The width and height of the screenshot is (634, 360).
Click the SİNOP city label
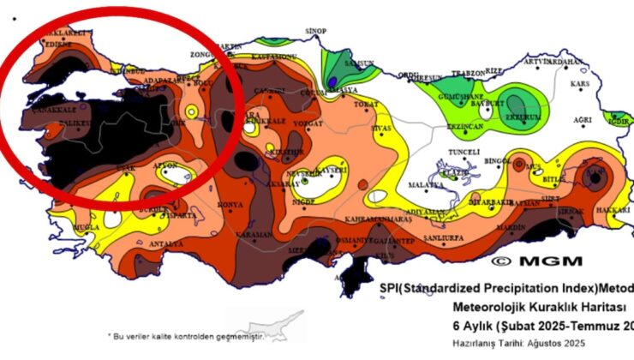316,31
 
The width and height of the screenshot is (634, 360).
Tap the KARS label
581,84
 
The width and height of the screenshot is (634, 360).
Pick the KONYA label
231,205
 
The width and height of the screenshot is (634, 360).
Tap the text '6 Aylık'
475,325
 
